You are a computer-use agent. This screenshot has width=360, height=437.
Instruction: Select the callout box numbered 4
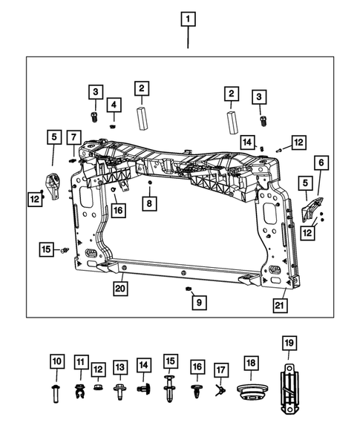[x=114, y=105]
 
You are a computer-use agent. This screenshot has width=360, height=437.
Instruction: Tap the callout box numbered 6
[x=321, y=162]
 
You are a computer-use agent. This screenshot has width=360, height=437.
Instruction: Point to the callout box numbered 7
[x=73, y=137]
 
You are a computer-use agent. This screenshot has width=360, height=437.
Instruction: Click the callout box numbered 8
[x=149, y=203]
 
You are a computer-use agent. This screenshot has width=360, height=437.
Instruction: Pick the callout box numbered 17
[x=220, y=369]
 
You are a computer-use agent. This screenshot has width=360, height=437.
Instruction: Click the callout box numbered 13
[x=120, y=367]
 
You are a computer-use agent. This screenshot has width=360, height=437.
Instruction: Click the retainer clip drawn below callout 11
[x=80, y=389]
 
